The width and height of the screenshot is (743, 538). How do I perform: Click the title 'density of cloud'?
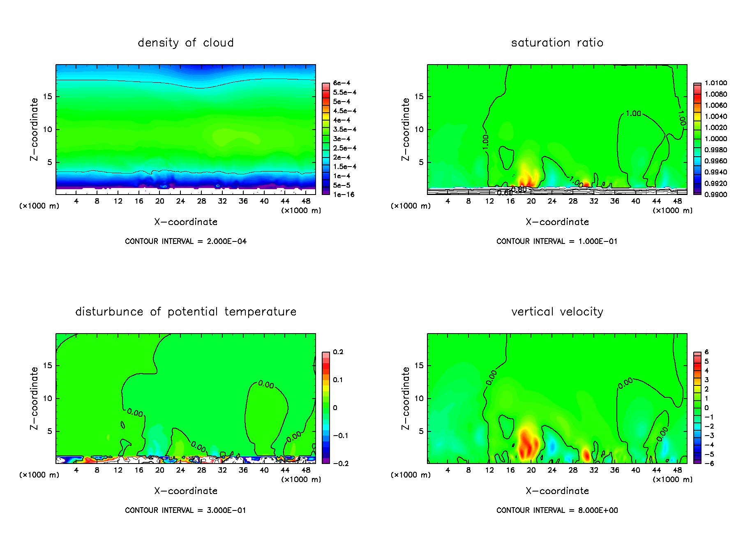(185, 43)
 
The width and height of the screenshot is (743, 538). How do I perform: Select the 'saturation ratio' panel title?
(557, 43)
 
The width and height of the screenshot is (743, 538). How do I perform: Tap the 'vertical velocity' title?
(557, 312)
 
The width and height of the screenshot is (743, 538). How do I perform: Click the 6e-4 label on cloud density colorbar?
(342, 83)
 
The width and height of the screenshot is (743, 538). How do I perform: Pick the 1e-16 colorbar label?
(344, 195)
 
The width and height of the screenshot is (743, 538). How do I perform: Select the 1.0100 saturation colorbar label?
(715, 83)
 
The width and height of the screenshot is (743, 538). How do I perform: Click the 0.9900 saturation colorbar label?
(715, 195)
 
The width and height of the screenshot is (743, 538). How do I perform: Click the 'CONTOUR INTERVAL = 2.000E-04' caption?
(186, 241)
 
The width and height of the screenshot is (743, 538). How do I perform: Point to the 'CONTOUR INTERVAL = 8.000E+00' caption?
(557, 510)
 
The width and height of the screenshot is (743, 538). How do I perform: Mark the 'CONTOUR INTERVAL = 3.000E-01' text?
(186, 510)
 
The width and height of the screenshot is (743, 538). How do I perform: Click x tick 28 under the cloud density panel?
(201, 201)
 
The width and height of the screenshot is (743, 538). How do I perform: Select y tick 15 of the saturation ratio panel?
(418, 97)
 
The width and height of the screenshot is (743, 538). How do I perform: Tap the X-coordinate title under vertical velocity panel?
(557, 491)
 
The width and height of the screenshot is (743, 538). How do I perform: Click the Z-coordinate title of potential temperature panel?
(34, 398)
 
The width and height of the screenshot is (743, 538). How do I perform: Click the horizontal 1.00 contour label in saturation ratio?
(633, 114)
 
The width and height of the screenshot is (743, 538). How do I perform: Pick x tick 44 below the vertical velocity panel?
(656, 470)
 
